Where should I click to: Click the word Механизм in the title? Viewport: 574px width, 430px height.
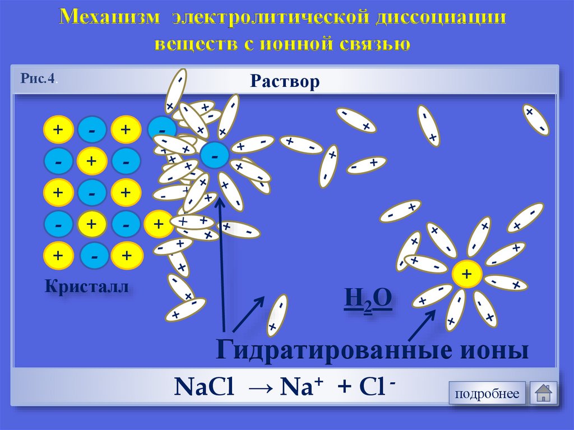point(109,18)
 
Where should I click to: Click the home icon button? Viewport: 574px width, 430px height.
point(543,393)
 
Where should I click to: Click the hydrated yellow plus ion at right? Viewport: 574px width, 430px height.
point(466,274)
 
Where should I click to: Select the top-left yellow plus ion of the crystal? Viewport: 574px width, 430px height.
point(58,130)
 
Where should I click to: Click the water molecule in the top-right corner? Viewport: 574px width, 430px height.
point(535,119)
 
